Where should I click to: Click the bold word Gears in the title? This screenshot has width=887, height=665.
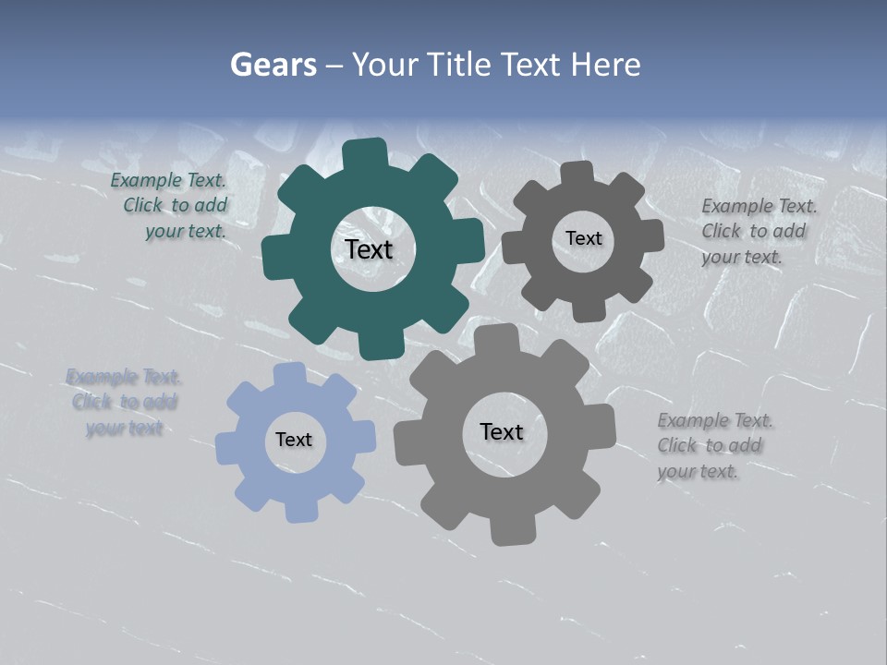[x=273, y=65]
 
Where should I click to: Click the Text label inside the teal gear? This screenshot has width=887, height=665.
[x=369, y=249]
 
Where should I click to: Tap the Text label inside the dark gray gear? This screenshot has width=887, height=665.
[x=583, y=238]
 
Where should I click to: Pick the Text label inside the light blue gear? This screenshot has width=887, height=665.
[x=294, y=440]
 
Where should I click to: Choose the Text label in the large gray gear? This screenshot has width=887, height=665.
[x=502, y=431]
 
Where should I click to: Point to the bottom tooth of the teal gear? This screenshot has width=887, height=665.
[x=380, y=345]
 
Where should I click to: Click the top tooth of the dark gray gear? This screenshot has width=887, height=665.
[x=577, y=173]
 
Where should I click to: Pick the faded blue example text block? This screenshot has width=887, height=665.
[x=124, y=403]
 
